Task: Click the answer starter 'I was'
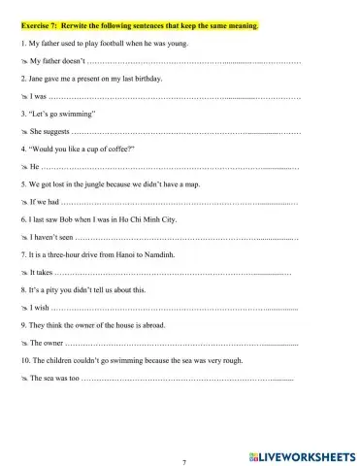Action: click(x=37, y=98)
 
